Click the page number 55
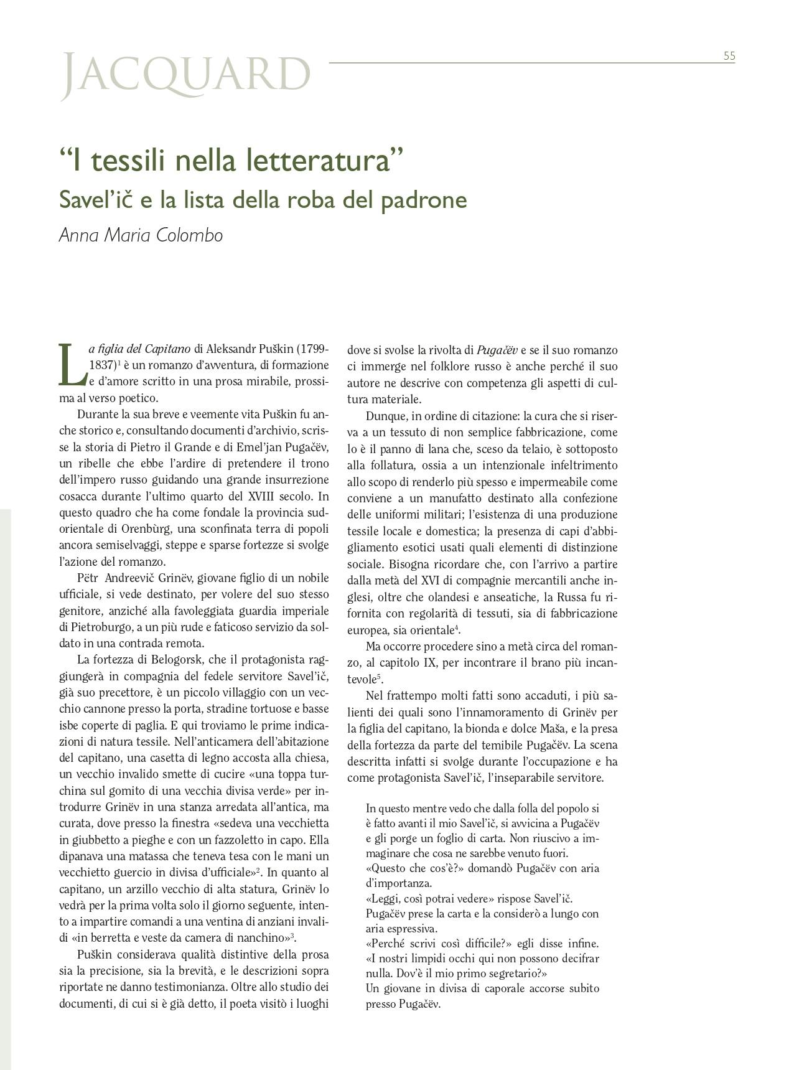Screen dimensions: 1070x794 [729, 56]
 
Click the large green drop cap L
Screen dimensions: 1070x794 [70, 364]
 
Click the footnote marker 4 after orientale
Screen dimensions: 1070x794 [457, 627]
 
